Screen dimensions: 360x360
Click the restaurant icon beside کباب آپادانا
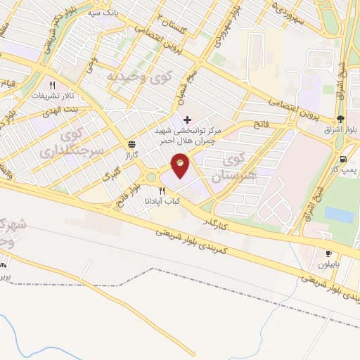[x=162, y=191]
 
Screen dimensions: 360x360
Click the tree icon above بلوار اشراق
[x=341, y=118]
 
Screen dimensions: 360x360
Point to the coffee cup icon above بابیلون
[x=328, y=253]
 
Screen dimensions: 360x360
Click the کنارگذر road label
[x=213, y=222]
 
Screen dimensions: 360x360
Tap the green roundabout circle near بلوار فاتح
[x=150, y=177]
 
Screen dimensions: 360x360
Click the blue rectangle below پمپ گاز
[x=339, y=214]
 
